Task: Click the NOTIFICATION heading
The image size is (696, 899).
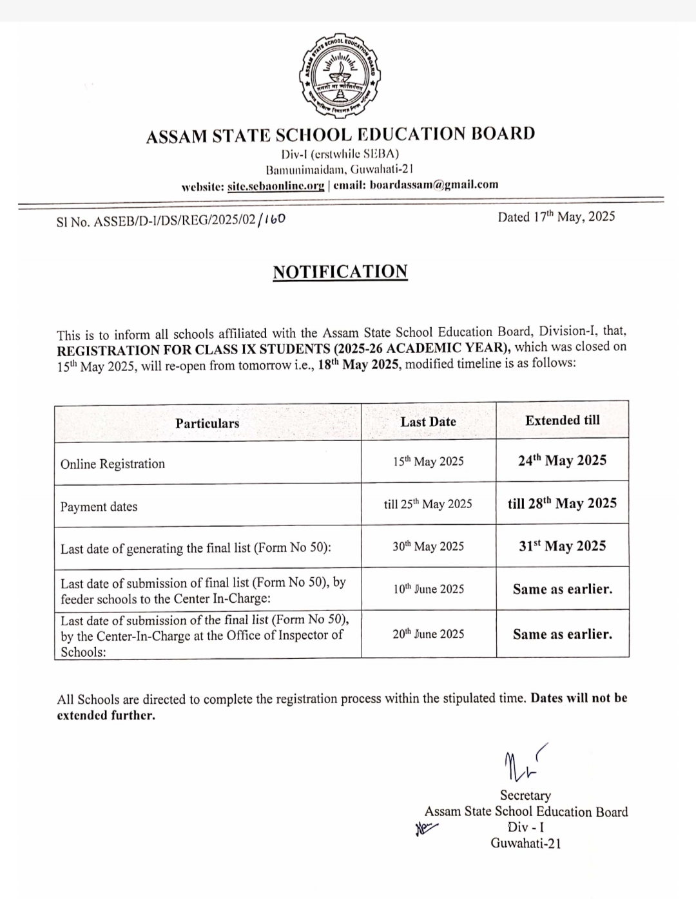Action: coord(340,272)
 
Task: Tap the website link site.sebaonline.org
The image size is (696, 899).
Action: coord(276,185)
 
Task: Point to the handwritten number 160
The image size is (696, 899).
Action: coord(274,219)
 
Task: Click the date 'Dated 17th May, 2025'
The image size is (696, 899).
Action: coord(556,217)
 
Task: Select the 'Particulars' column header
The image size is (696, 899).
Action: coord(207,423)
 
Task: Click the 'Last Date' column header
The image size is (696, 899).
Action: coord(428,422)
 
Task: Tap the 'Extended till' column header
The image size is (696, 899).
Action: coord(562,421)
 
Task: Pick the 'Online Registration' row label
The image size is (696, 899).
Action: coord(113,464)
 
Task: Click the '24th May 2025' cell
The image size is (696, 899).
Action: coord(562,460)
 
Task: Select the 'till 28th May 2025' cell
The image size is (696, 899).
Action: coord(562,504)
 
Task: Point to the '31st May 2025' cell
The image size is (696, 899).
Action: coord(562,546)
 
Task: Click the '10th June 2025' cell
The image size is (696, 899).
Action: coord(429,589)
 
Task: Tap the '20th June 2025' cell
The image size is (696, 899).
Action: coord(429,634)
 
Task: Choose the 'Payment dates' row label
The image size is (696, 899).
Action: coord(99,507)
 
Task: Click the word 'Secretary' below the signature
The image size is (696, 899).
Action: coord(525,795)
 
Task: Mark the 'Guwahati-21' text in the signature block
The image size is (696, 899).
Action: coord(525,843)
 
